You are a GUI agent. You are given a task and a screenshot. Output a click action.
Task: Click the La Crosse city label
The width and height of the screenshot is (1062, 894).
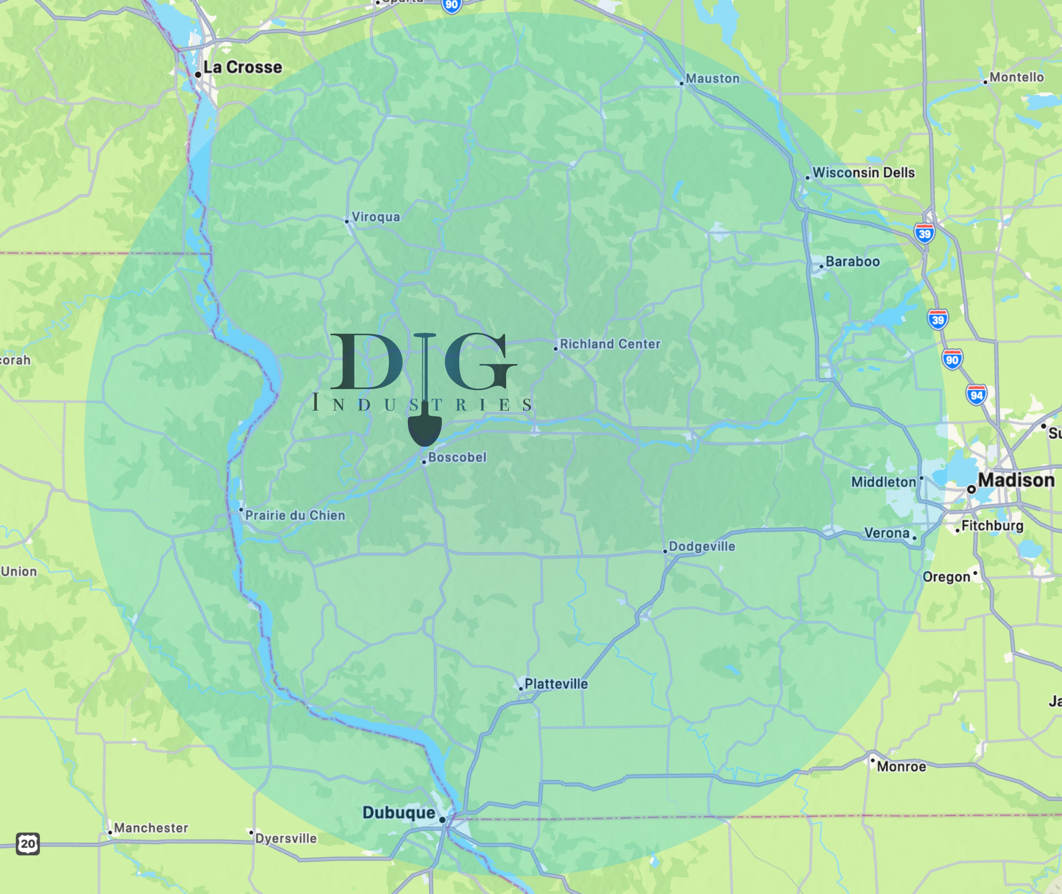pyautogui.click(x=242, y=67)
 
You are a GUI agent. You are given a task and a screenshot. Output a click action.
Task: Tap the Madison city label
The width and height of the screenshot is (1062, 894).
pyautogui.click(x=1015, y=480)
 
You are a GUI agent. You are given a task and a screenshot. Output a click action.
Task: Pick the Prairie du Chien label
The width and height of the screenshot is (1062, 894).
pyautogui.click(x=295, y=515)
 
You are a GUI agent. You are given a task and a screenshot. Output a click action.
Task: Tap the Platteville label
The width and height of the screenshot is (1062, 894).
pyautogui.click(x=556, y=684)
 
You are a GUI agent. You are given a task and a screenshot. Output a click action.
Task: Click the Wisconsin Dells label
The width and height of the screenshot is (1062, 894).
pyautogui.click(x=863, y=173)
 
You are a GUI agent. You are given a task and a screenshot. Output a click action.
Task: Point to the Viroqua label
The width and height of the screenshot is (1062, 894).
pyautogui.click(x=375, y=217)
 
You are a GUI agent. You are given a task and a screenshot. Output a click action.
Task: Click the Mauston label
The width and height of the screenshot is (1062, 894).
pyautogui.click(x=712, y=79)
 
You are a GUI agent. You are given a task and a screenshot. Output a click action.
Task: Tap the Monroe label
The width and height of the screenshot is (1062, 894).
pyautogui.click(x=901, y=766)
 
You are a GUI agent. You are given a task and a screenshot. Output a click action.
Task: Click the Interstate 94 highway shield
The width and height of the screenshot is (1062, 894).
pyautogui.click(x=976, y=395)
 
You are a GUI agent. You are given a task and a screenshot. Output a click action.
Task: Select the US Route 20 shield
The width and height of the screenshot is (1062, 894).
pyautogui.click(x=27, y=844)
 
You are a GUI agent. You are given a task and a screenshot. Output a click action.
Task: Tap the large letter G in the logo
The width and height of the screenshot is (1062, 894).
pyautogui.click(x=479, y=361)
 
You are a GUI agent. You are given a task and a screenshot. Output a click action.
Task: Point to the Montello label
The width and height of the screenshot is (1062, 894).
pyautogui.click(x=1016, y=77)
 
